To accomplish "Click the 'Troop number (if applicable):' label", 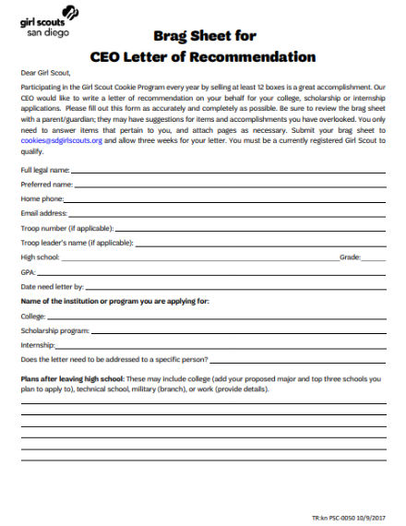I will pyautogui.click(x=66, y=228).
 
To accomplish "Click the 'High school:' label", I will pyautogui.click(x=40, y=257).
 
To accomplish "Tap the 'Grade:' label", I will pyautogui.click(x=350, y=257).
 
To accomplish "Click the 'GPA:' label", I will pyautogui.click(x=28, y=272).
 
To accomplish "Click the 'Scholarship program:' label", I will pyautogui.click(x=54, y=329).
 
